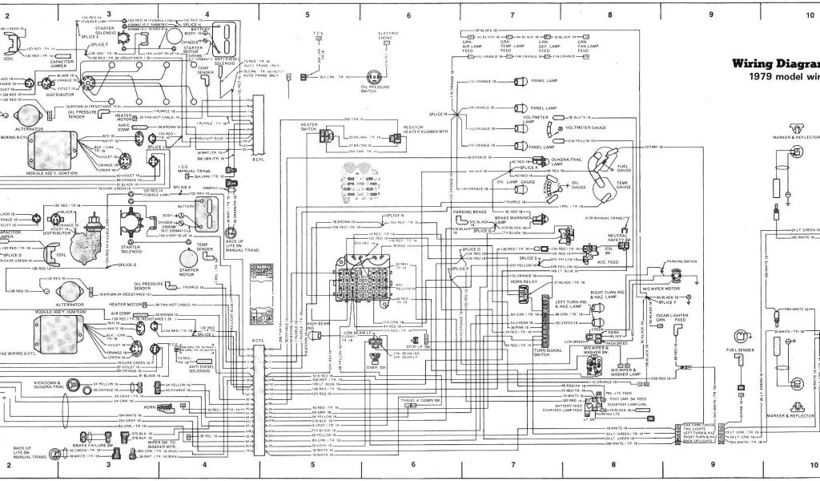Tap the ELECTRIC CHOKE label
point(388,37)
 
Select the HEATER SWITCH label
point(310,127)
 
